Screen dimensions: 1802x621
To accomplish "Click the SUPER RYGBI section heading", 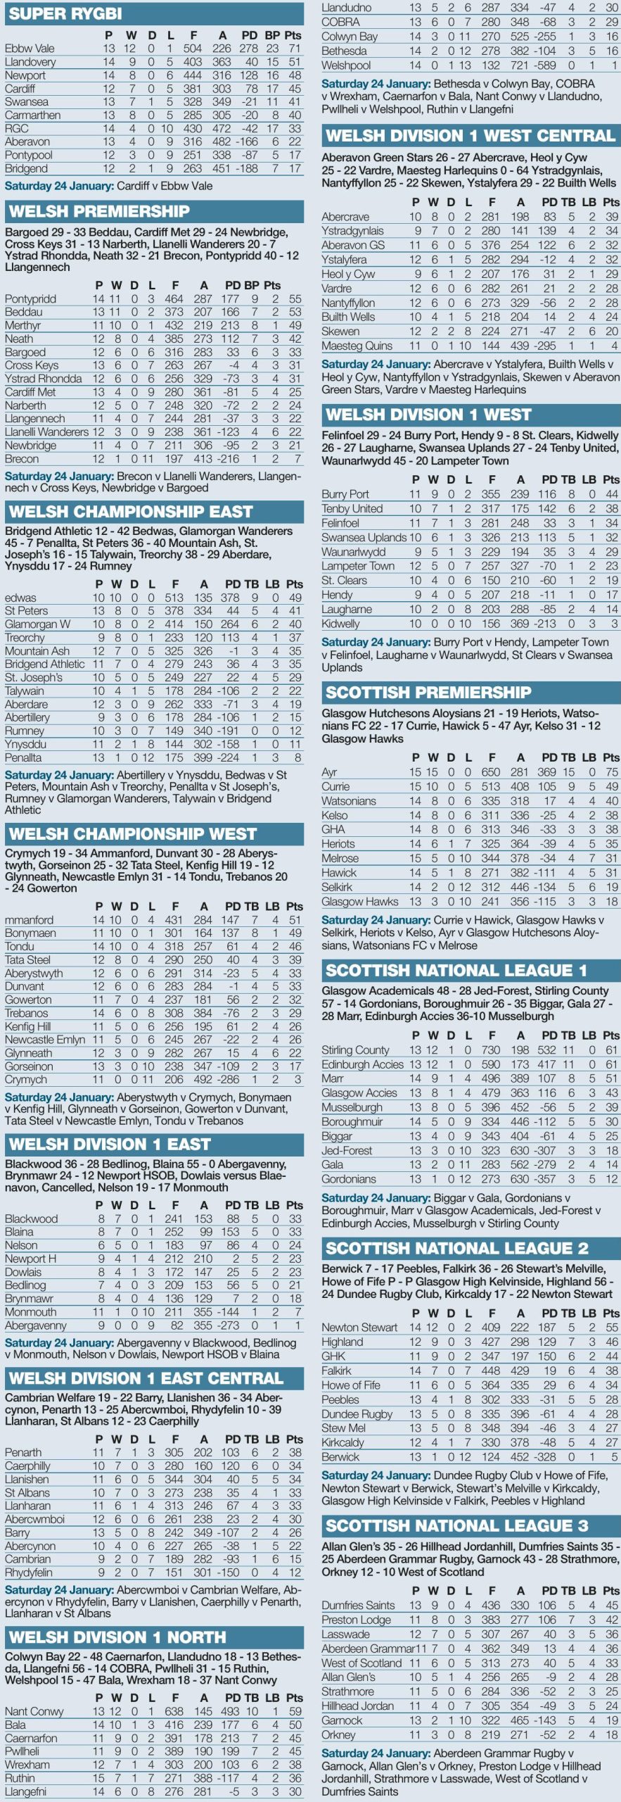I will pyautogui.click(x=65, y=13).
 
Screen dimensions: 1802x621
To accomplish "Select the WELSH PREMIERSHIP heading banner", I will pyautogui.click(x=99, y=211).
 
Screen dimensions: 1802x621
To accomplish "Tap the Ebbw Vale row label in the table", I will pyautogui.click(x=30, y=49).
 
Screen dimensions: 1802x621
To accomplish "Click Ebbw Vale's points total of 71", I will pyautogui.click(x=293, y=49).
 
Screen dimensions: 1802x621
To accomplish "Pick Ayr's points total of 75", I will pyautogui.click(x=611, y=772).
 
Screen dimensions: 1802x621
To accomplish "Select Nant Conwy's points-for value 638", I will pyautogui.click(x=174, y=1711).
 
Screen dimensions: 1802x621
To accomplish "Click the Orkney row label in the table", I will pyautogui.click(x=338, y=1735).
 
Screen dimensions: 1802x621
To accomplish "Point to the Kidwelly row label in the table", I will pyautogui.click(x=340, y=624).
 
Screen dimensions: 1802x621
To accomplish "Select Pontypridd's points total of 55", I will pyautogui.click(x=295, y=298).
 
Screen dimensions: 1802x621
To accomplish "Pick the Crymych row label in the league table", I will pyautogui.click(x=26, y=1080).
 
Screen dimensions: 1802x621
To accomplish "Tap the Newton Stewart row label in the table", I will pyautogui.click(x=359, y=1327).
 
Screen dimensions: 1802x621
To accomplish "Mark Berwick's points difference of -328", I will pyautogui.click(x=546, y=1456).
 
